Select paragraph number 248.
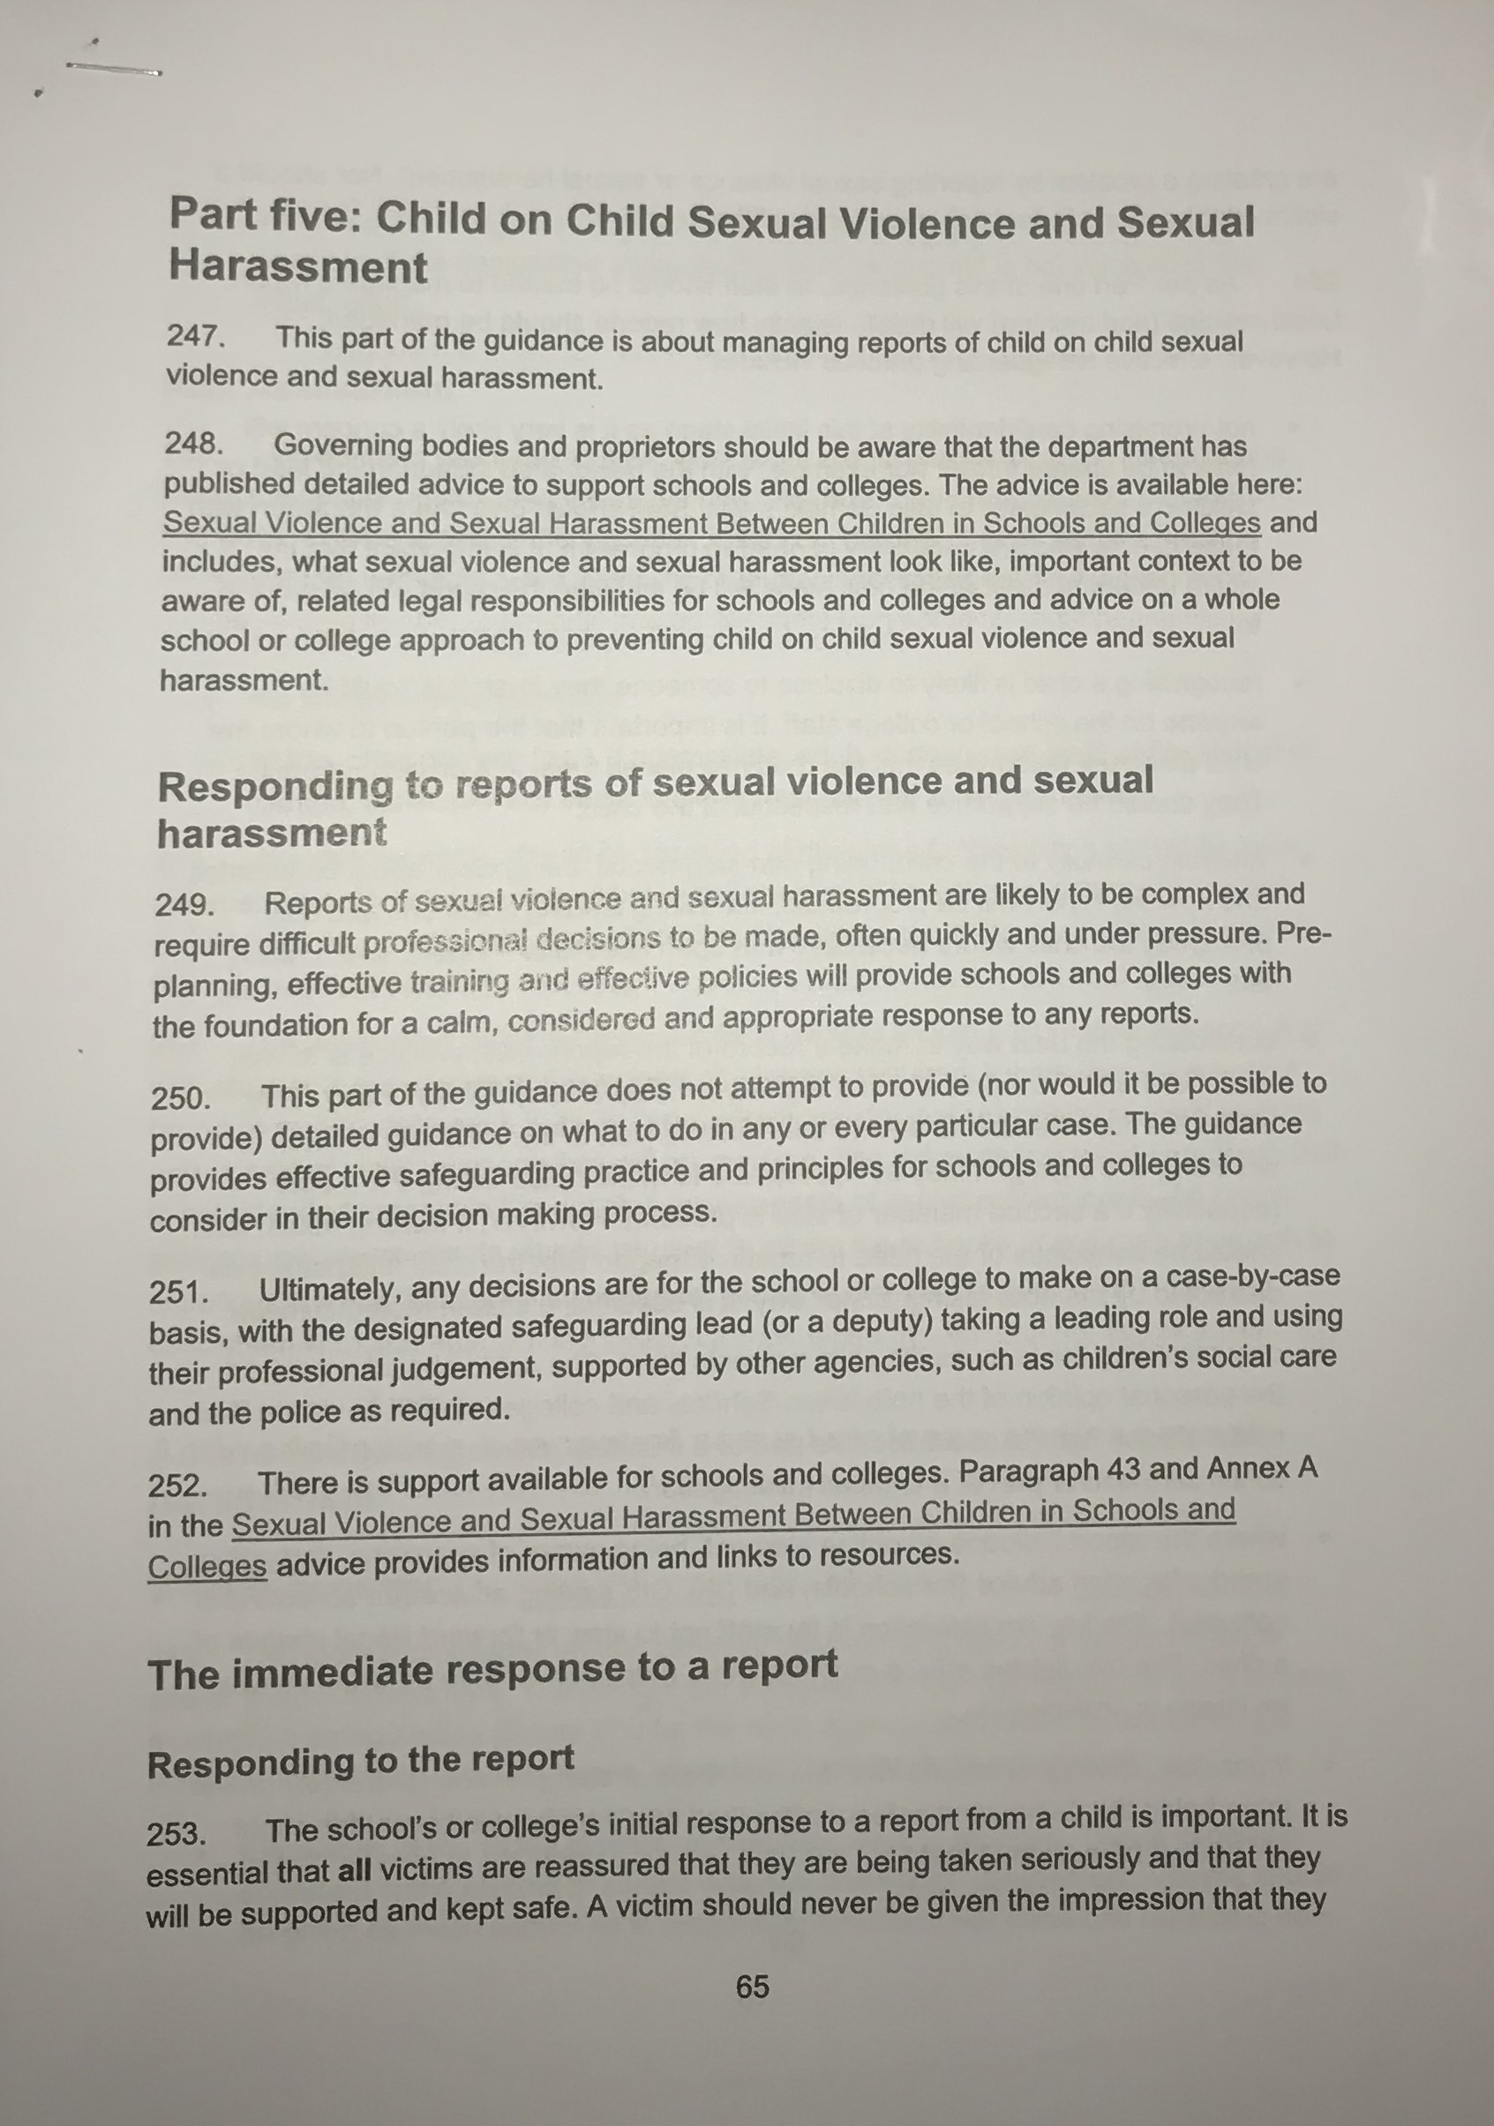193,445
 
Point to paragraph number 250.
182,1099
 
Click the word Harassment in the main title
298,267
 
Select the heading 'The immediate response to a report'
492,1670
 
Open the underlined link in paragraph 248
711,523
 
